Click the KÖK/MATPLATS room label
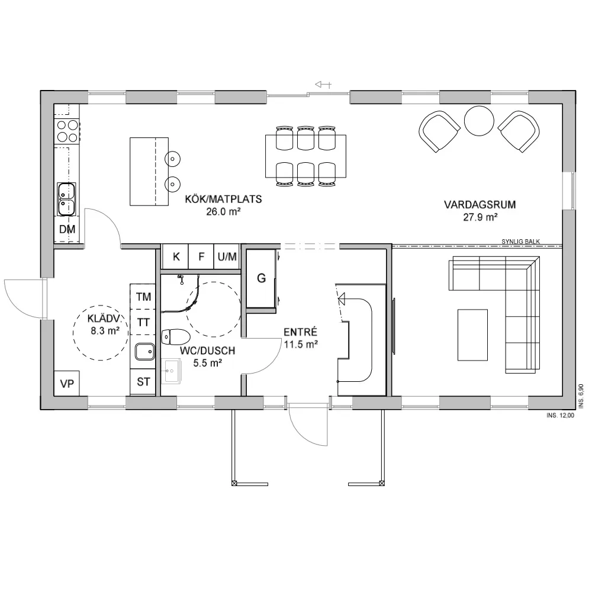pyautogui.click(x=223, y=200)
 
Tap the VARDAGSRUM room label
pyautogui.click(x=480, y=205)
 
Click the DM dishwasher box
pyautogui.click(x=66, y=230)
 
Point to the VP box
pyautogui.click(x=67, y=384)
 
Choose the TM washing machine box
pyautogui.click(x=143, y=297)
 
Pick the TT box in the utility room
pyautogui.click(x=143, y=323)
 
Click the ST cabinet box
pyautogui.click(x=143, y=382)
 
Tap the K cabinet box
pyautogui.click(x=176, y=257)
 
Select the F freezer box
pyautogui.click(x=201, y=257)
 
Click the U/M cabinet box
pyautogui.click(x=227, y=257)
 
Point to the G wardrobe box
pyautogui.click(x=261, y=278)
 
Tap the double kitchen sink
pyautogui.click(x=66, y=200)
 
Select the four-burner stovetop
pyautogui.click(x=66, y=131)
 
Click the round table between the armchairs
pyautogui.click(x=479, y=121)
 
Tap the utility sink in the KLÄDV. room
pyautogui.click(x=144, y=352)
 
